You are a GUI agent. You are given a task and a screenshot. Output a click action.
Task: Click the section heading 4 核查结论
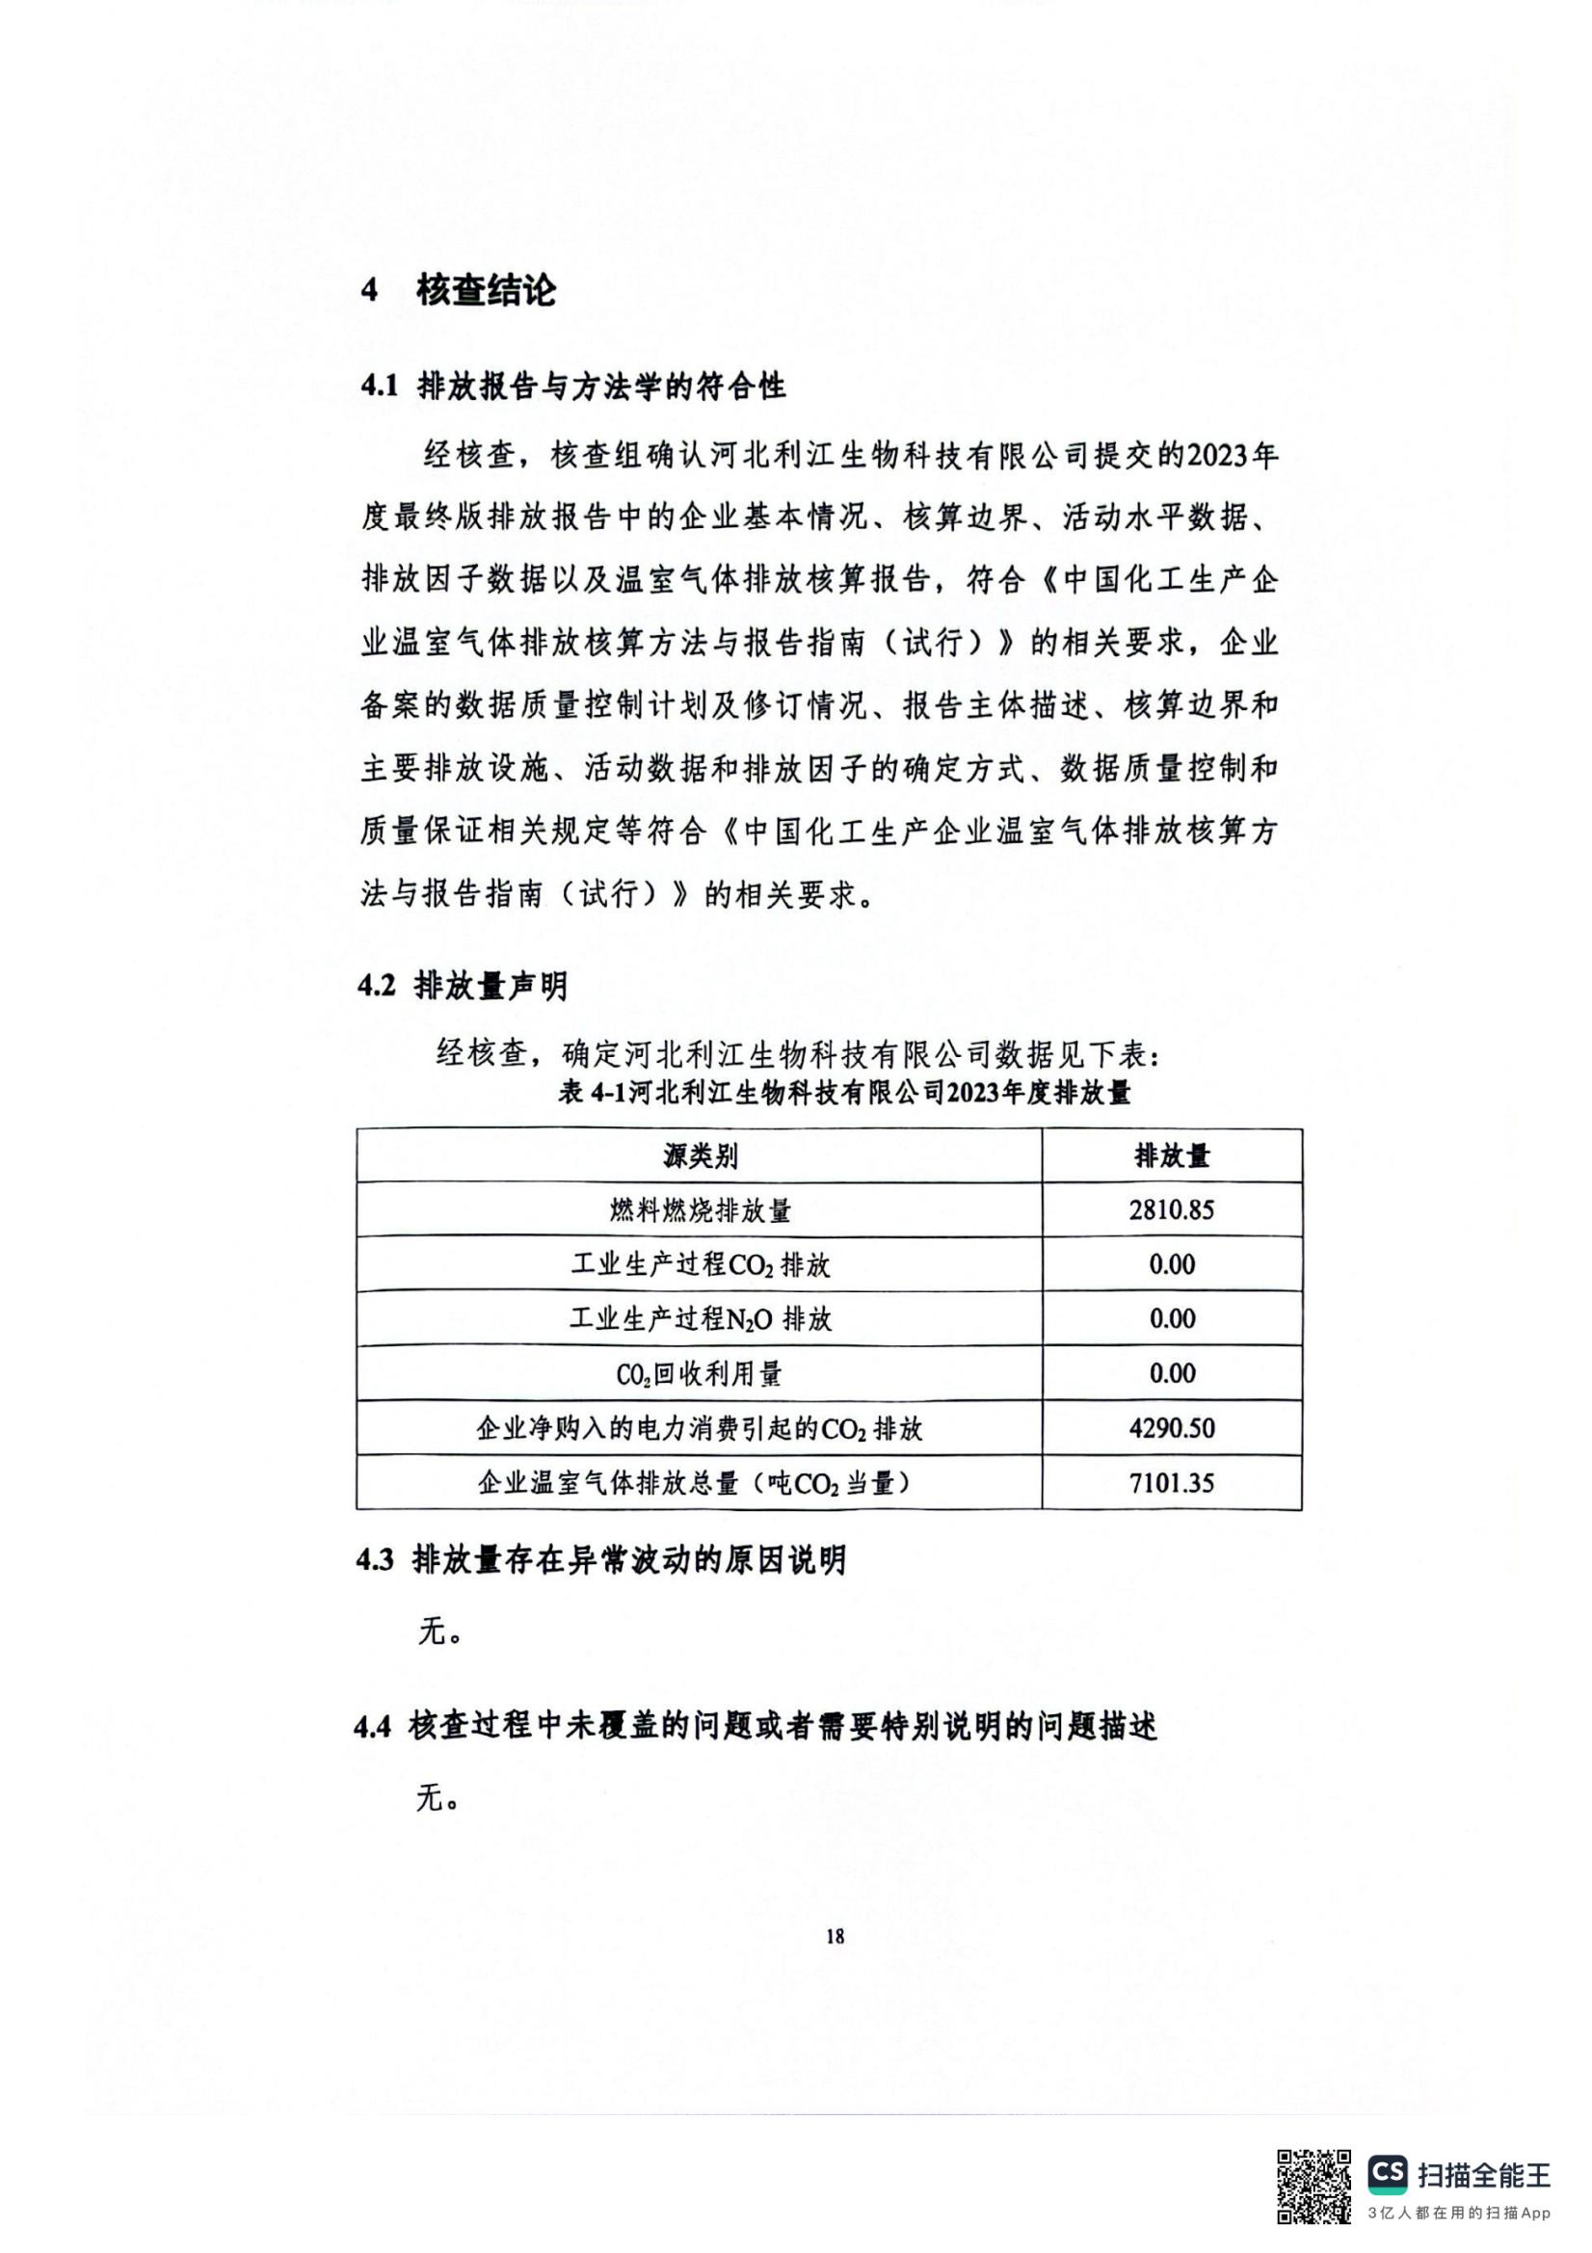[x=459, y=290]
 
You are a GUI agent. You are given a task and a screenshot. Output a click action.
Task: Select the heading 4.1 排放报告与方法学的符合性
[x=573, y=385]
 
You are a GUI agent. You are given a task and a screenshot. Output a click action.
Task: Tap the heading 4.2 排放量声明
[x=463, y=985]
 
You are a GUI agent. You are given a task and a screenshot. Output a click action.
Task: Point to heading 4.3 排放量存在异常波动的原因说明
[x=600, y=1560]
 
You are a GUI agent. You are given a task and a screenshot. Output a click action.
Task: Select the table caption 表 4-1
[x=844, y=1092]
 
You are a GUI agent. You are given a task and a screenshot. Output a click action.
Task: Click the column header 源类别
[x=699, y=1157]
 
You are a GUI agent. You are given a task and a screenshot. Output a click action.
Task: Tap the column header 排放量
[x=1171, y=1157]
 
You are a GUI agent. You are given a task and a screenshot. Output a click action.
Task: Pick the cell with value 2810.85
[x=1171, y=1210]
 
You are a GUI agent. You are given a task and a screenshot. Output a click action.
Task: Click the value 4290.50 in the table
[x=1171, y=1428]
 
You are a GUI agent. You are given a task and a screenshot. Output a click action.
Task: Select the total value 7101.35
[x=1171, y=1483]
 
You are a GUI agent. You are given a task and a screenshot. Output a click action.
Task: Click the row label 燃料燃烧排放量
[x=699, y=1211]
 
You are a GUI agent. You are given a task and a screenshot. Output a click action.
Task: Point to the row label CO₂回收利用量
[x=699, y=1374]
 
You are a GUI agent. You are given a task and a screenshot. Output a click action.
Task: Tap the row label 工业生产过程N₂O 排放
[x=699, y=1320]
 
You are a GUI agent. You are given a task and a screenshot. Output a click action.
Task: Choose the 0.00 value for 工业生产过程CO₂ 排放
[x=1171, y=1265]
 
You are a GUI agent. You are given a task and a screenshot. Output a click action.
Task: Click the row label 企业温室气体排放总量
[x=699, y=1483]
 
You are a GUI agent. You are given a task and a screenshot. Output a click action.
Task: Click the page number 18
[x=835, y=1937]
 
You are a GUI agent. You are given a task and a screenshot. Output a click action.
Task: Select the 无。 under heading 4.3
[x=436, y=1631]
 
